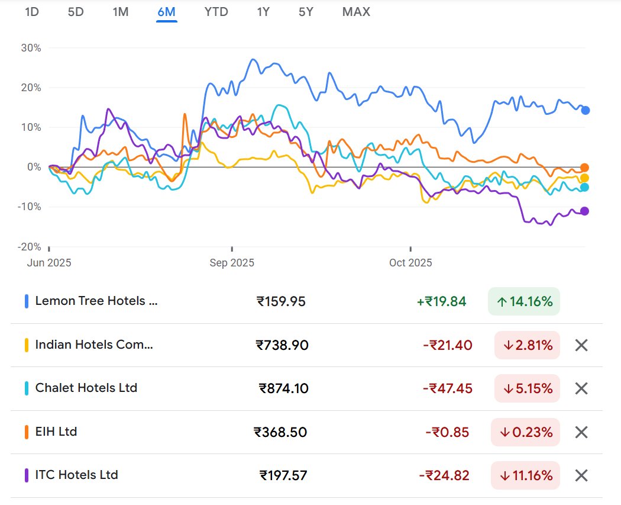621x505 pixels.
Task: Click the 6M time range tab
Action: tap(167, 12)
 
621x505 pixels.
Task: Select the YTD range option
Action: tap(216, 12)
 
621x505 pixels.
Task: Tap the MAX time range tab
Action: tap(356, 12)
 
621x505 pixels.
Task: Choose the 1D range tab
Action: tap(32, 12)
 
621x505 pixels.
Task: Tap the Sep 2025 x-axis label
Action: tap(232, 263)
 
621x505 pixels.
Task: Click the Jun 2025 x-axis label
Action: tap(49, 263)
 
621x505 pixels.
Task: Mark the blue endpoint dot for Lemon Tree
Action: tap(585, 110)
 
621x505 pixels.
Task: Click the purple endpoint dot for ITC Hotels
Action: tap(584, 211)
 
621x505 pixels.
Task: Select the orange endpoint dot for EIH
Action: tap(584, 168)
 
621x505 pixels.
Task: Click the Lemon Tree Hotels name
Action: tap(96, 301)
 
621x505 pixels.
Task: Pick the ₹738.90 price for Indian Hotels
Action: tap(282, 345)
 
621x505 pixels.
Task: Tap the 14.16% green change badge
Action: tap(524, 301)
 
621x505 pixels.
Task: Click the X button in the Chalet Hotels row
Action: tap(581, 388)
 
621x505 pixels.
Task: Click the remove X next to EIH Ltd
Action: tap(581, 432)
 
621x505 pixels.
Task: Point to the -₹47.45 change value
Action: tap(447, 388)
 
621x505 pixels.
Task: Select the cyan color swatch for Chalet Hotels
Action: tap(27, 388)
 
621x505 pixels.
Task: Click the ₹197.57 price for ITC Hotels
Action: tap(283, 475)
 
